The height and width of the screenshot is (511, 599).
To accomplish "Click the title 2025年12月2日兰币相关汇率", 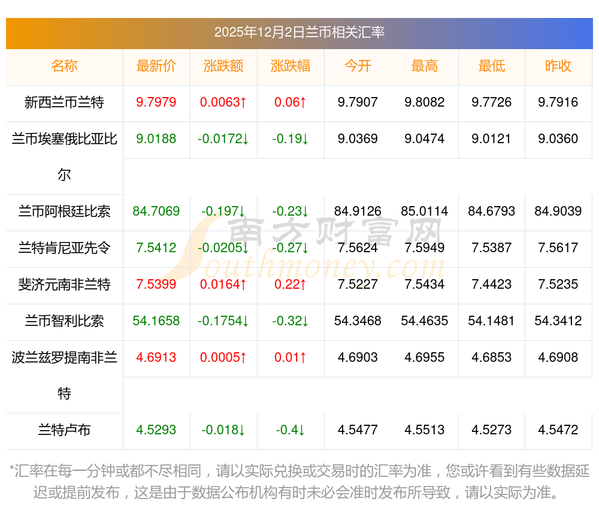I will click(x=299, y=32).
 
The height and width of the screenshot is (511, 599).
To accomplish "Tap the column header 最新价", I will click(x=156, y=66).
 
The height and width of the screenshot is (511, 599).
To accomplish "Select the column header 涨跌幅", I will click(x=291, y=66).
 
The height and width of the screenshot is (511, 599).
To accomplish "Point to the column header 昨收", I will click(x=558, y=66).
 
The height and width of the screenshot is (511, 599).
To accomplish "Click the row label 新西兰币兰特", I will click(x=64, y=102).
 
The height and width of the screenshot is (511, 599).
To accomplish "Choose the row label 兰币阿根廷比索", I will click(x=64, y=211).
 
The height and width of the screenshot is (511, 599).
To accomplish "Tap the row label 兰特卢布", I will click(x=64, y=430).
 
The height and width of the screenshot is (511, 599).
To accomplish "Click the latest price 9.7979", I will click(x=156, y=102).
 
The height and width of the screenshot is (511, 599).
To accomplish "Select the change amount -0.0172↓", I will click(x=223, y=139).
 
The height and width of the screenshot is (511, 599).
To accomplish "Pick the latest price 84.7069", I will click(x=156, y=211).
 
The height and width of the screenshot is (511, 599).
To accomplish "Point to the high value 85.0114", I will click(x=425, y=211).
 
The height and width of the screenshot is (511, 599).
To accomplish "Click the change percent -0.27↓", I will click(x=291, y=248).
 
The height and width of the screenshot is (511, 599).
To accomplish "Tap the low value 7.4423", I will click(x=492, y=285).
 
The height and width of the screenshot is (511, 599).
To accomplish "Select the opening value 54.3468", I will click(x=358, y=321).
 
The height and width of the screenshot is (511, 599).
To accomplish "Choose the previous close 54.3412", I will click(x=558, y=321).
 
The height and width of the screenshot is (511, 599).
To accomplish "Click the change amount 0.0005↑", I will click(x=223, y=358).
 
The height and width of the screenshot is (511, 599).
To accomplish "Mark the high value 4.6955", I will click(x=425, y=358).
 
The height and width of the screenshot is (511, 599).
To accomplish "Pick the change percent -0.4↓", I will click(x=291, y=430).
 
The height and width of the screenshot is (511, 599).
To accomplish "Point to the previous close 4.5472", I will click(x=558, y=430).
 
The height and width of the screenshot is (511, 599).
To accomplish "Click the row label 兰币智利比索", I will click(x=64, y=321).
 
